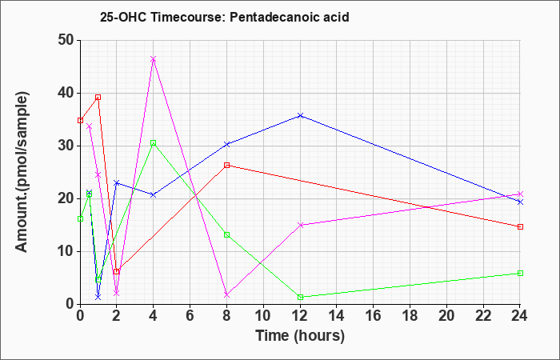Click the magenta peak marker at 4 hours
(154, 59)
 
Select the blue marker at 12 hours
(300, 115)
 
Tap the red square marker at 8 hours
(226, 165)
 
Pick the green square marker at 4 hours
(154, 143)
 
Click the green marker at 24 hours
(520, 274)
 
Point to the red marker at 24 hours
(520, 226)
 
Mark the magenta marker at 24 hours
(520, 194)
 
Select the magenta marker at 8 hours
(226, 294)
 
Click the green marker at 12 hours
(300, 297)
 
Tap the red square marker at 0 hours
(80, 120)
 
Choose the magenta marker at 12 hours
(300, 225)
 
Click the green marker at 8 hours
(226, 234)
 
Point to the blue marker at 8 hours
(226, 144)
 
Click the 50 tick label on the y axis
(66, 40)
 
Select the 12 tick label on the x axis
(300, 316)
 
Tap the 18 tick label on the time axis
(410, 316)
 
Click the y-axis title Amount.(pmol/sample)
(22, 172)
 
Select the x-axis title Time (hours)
(300, 336)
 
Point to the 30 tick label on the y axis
(66, 146)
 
